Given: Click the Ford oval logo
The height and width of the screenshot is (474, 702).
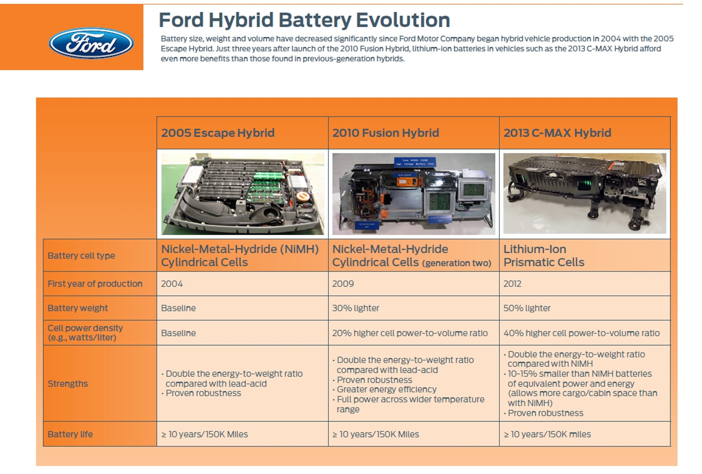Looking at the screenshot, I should [91, 43].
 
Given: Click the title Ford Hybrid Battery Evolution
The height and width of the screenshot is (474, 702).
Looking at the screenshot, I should [304, 20].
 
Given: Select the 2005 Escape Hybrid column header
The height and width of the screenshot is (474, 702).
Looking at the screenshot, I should [218, 133].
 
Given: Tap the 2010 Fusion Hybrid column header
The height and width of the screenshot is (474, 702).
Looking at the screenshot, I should [385, 133].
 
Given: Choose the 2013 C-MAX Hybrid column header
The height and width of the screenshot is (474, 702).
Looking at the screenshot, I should [557, 133].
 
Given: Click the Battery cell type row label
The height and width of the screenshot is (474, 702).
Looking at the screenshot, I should [81, 256].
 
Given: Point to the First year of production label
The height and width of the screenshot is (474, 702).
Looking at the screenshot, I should [95, 284].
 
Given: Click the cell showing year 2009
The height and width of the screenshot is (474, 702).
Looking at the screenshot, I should [343, 284].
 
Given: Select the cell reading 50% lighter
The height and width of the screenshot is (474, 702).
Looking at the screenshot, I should [526, 308].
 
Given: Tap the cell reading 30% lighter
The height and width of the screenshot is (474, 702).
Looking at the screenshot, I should [355, 308].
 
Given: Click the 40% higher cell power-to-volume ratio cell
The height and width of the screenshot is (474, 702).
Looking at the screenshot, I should [581, 333].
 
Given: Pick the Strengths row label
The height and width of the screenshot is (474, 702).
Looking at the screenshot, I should [68, 384].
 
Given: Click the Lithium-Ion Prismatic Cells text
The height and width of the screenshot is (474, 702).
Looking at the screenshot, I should [543, 256].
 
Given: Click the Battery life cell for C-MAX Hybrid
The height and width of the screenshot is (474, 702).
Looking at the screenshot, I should [547, 434].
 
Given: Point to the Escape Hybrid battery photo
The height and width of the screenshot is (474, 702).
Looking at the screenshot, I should [242, 193].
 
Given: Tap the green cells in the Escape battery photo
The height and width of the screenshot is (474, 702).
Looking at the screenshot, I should [269, 176].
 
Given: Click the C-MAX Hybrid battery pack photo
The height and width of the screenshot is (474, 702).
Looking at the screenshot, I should [584, 193].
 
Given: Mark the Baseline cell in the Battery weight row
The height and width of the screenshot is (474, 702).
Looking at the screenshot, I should [178, 308].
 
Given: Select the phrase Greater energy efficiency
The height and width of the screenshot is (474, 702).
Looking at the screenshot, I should [386, 390].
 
